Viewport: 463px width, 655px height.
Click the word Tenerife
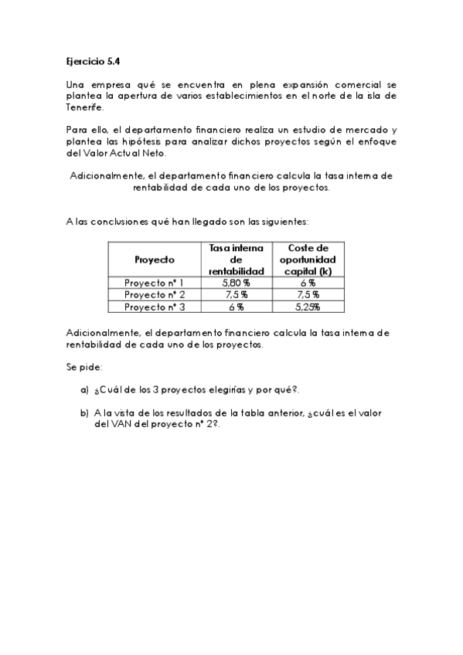83,108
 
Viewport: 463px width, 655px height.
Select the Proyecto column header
154,260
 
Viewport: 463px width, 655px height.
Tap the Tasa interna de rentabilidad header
237,260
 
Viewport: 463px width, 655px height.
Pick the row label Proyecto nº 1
154,283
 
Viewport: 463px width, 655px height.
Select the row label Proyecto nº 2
154,294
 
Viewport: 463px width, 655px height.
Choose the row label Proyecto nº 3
154,307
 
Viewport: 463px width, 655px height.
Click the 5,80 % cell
237,283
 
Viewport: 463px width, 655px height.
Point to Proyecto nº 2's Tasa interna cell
237,294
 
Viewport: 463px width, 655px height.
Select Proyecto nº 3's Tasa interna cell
237,307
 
